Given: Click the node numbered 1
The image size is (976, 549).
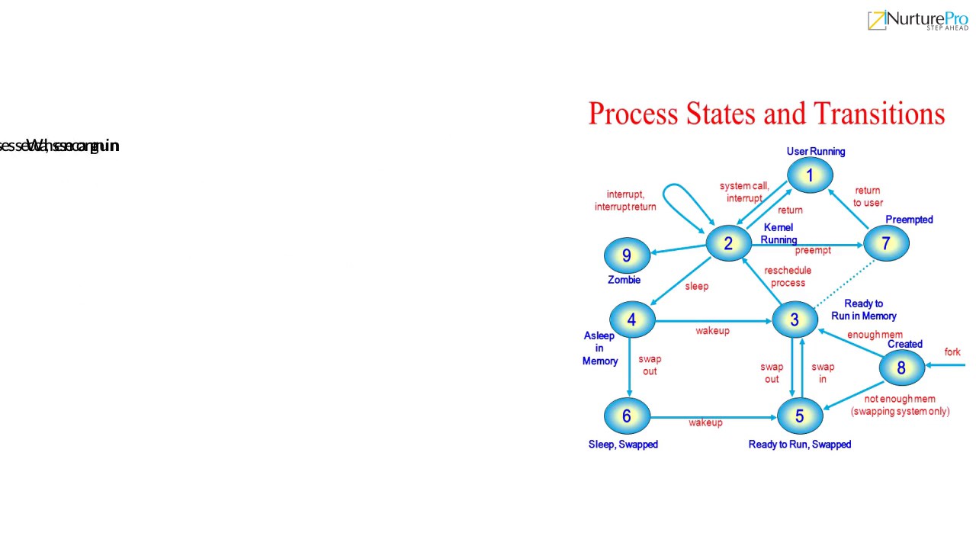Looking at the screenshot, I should click(810, 175).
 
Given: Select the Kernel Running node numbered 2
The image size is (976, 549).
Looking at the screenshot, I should click(728, 243).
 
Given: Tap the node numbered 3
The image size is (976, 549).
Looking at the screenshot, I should click(794, 320).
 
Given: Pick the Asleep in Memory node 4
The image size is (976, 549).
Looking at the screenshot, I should click(631, 320).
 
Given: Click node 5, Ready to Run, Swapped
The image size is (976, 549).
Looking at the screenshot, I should click(799, 416).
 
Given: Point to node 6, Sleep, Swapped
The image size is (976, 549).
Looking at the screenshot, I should click(627, 416).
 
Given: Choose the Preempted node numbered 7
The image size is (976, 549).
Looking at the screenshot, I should click(885, 244).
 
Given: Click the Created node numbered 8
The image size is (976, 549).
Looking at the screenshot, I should click(901, 368).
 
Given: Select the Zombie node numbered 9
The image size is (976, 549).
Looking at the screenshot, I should click(627, 255).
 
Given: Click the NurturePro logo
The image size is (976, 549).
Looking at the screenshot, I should click(917, 21).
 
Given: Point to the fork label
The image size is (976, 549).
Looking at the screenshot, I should click(952, 352).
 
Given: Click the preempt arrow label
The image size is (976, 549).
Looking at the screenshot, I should click(813, 250).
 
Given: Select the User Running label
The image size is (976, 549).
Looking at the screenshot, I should click(816, 151).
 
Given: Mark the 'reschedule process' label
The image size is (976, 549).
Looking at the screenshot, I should click(788, 277).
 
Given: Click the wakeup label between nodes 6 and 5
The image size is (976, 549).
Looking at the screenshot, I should click(705, 422).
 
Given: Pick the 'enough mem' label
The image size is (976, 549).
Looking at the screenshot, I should click(875, 335).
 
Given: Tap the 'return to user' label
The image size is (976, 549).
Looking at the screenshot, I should click(868, 197).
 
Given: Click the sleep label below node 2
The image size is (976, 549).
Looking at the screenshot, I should click(696, 286).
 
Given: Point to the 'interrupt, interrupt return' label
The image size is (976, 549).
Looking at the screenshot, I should click(625, 201).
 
